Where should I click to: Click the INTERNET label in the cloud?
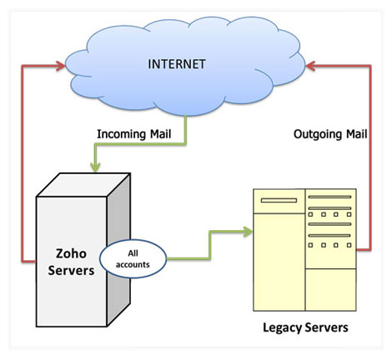(177, 64)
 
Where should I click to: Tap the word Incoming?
(122, 134)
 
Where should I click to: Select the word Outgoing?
(318, 134)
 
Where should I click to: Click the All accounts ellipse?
(133, 259)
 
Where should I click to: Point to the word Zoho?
(71, 253)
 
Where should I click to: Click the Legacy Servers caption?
(305, 327)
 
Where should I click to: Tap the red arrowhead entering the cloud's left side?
(60, 66)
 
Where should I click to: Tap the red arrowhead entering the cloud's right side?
(310, 66)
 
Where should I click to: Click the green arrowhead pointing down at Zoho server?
(95, 167)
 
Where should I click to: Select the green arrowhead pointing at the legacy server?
(248, 232)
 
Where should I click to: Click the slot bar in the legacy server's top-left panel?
(279, 200)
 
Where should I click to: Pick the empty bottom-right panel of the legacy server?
(330, 289)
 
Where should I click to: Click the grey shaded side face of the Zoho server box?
(118, 250)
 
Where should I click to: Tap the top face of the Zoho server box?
(83, 185)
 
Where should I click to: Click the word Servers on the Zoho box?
(71, 271)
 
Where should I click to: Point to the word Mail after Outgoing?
(357, 134)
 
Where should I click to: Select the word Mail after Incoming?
(161, 134)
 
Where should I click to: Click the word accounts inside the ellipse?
(133, 265)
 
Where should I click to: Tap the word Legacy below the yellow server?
(283, 328)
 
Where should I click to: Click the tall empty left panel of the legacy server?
(279, 262)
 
